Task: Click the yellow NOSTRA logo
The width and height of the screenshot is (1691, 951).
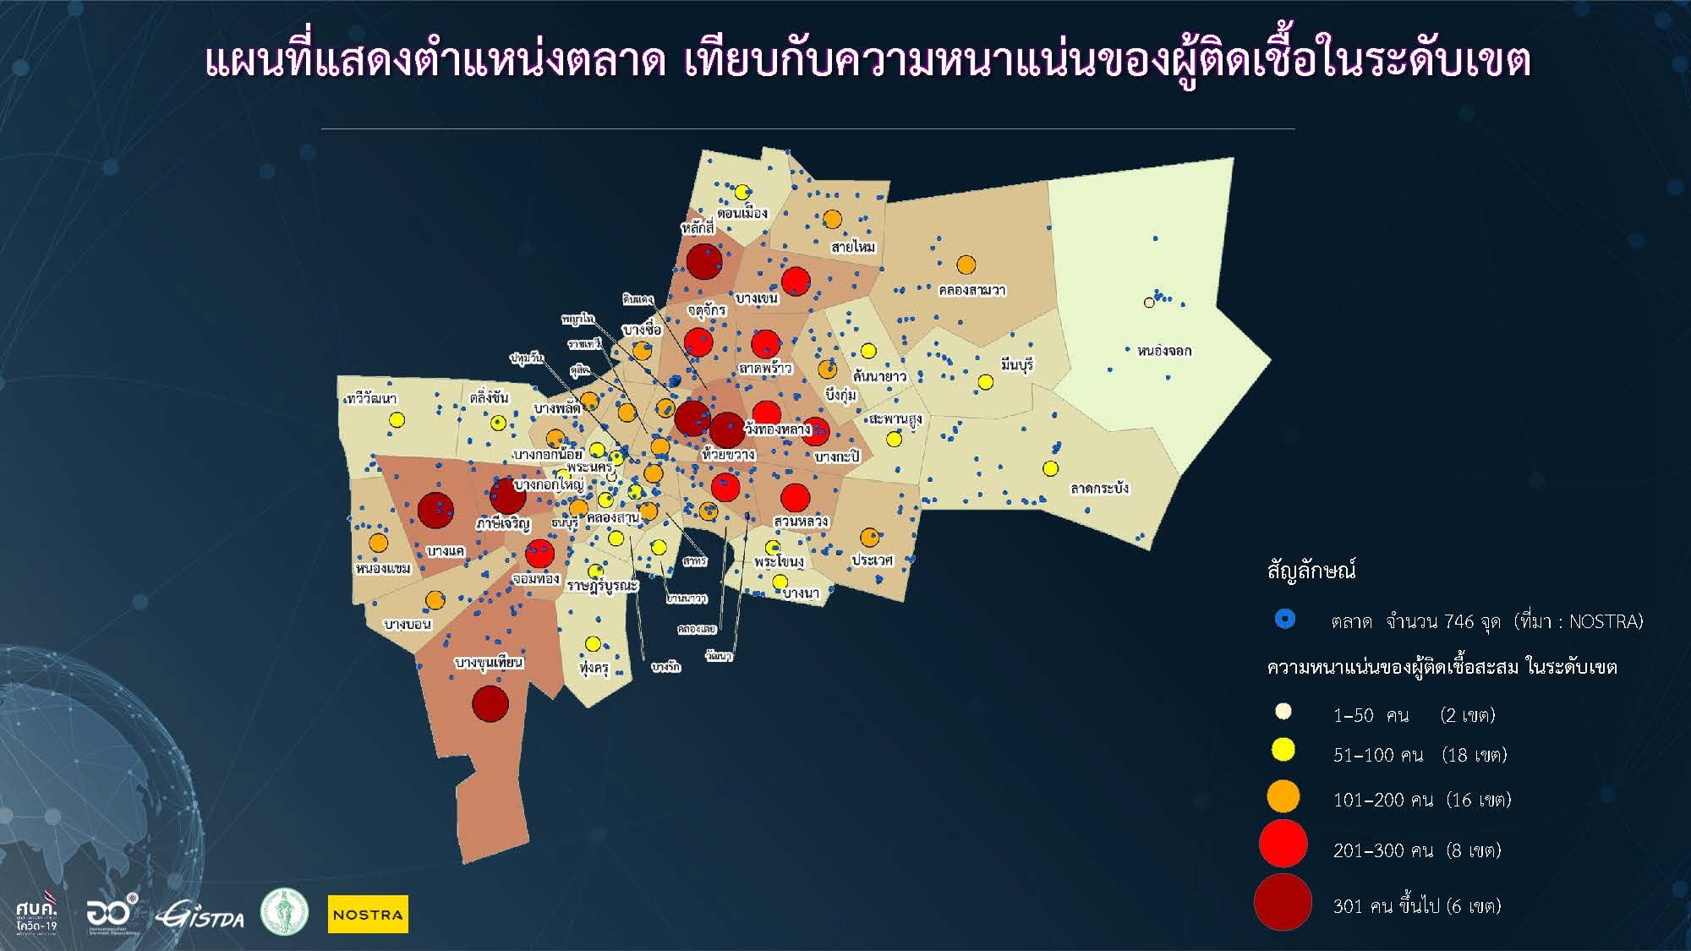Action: [368, 914]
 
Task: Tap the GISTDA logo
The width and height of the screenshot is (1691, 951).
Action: [200, 915]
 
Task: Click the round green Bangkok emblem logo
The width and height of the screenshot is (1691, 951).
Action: [284, 912]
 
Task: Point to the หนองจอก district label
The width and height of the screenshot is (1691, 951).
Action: [1164, 351]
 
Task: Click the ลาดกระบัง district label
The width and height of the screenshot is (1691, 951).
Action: [1099, 489]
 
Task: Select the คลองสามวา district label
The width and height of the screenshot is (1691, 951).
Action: [971, 291]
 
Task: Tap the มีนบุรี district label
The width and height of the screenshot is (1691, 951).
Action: [1016, 365]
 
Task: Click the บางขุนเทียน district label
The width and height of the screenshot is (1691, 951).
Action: [489, 662]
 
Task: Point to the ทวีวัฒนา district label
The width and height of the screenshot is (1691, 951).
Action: [371, 398]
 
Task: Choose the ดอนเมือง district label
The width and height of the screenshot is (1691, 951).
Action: [742, 212]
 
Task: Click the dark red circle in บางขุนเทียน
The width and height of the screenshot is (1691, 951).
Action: [490, 703]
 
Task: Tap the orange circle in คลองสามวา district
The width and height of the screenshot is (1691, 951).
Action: [966, 265]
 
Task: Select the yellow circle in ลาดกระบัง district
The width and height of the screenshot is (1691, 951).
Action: [1050, 468]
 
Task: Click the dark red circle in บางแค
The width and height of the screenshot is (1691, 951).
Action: [435, 511]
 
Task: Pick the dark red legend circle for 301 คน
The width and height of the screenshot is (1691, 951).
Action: [1283, 903]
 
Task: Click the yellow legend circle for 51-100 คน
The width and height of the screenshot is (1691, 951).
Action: [1283, 750]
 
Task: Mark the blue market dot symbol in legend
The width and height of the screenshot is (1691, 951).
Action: [1284, 620]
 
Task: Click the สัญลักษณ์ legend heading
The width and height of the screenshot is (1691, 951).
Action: [1311, 571]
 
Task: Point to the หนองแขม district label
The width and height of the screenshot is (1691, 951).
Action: [382, 568]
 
